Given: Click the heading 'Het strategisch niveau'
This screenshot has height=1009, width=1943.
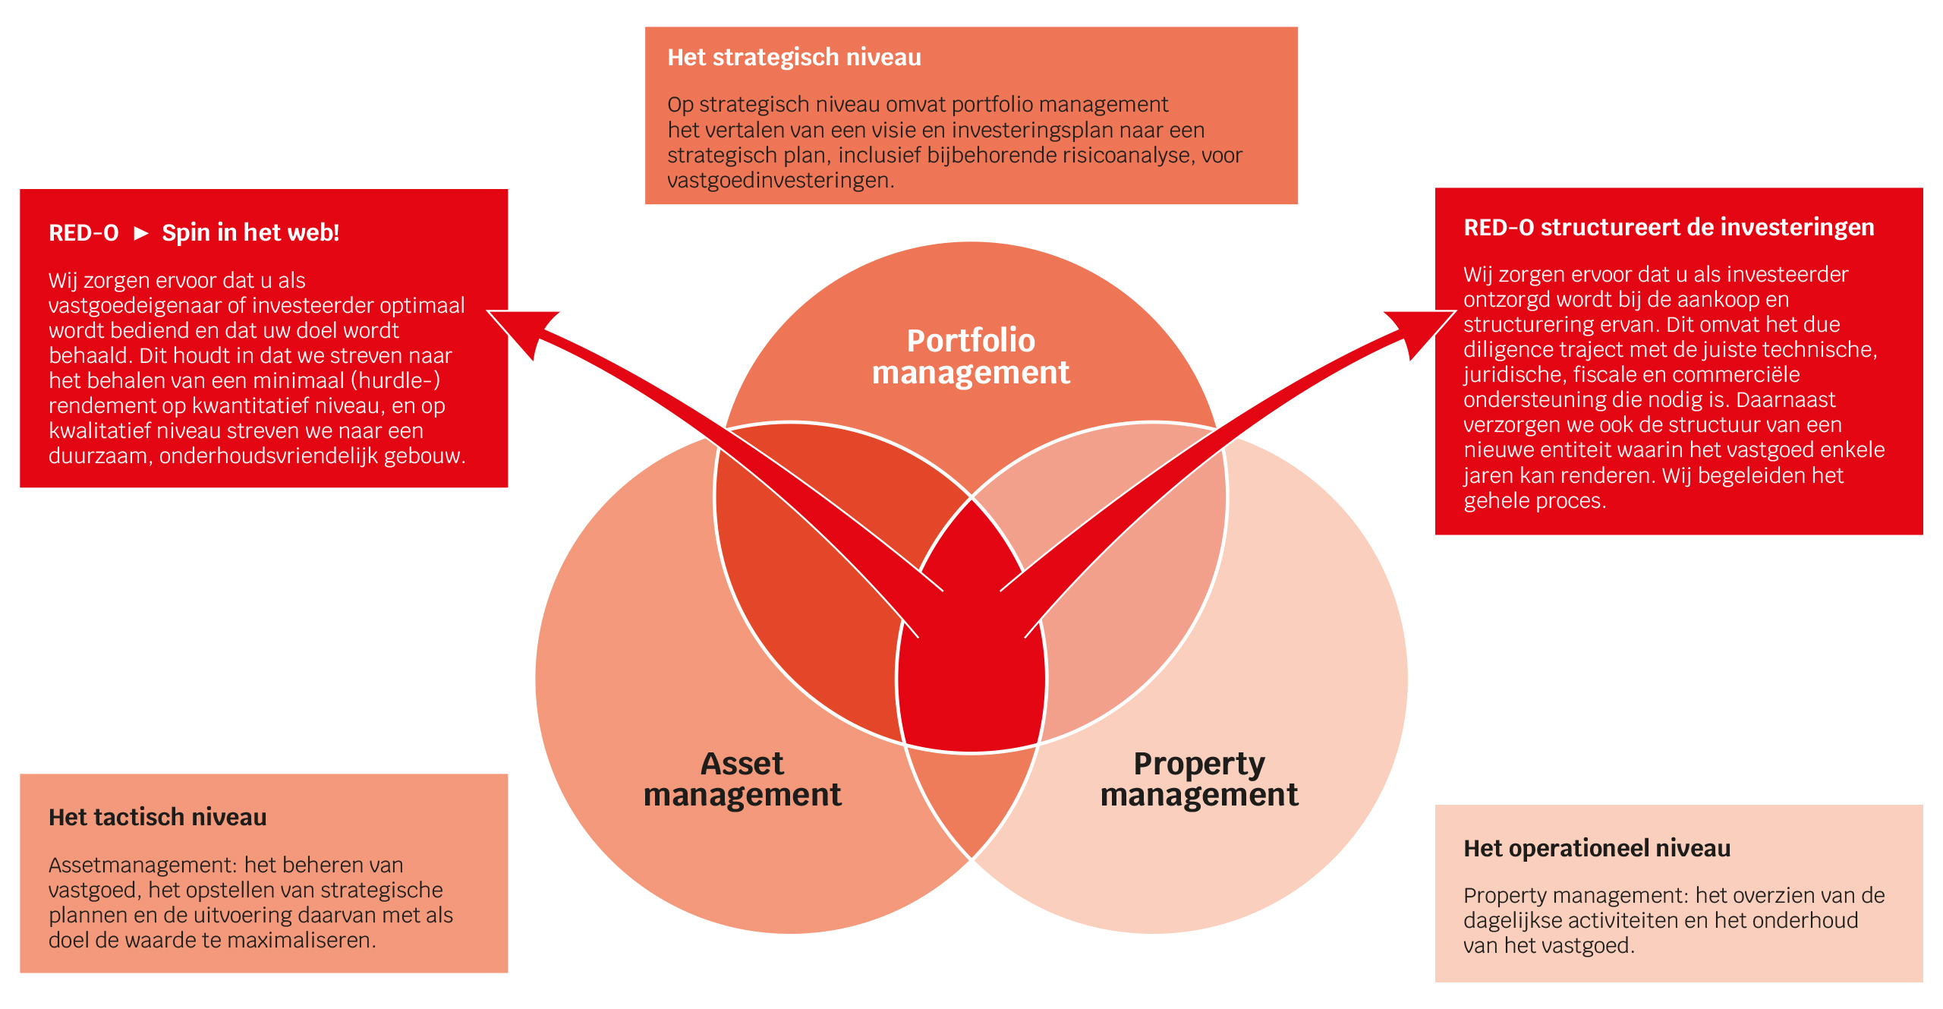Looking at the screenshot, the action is tap(794, 58).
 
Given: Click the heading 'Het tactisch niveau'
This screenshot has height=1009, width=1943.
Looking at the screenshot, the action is tap(158, 817).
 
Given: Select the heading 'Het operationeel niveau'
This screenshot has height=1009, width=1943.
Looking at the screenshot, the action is tap(1597, 848).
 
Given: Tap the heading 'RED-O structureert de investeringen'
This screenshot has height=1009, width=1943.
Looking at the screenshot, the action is tap(1669, 227).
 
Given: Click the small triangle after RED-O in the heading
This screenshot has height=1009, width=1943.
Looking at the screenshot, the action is tap(140, 233).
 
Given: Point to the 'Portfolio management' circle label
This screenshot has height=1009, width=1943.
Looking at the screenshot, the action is tap(971, 356).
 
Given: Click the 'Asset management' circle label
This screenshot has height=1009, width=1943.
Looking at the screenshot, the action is tap(742, 779).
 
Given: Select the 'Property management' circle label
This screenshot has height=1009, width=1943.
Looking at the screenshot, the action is tap(1199, 779).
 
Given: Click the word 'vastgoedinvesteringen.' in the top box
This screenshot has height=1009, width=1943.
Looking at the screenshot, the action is tap(781, 181).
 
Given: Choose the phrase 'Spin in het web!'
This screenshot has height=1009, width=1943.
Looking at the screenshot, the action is tap(250, 232).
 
